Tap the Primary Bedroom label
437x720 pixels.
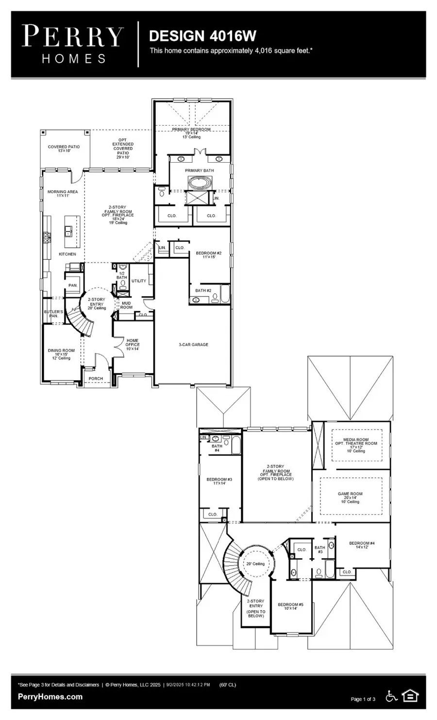[191, 130]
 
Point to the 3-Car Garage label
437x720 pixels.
[193, 345]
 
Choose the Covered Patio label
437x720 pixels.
[64, 147]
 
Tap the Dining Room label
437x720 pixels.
[61, 351]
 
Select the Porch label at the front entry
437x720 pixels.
[96, 379]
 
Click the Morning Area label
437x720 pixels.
[63, 192]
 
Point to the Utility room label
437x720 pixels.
[138, 281]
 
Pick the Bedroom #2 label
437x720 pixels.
[209, 253]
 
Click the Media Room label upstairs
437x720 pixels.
[356, 440]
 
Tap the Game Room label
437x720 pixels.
[350, 494]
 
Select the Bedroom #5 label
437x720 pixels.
[290, 604]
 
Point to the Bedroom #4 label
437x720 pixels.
[362, 543]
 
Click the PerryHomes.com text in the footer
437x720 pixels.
[50, 697]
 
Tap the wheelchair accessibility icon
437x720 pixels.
[391, 696]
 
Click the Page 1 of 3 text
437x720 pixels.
[363, 699]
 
